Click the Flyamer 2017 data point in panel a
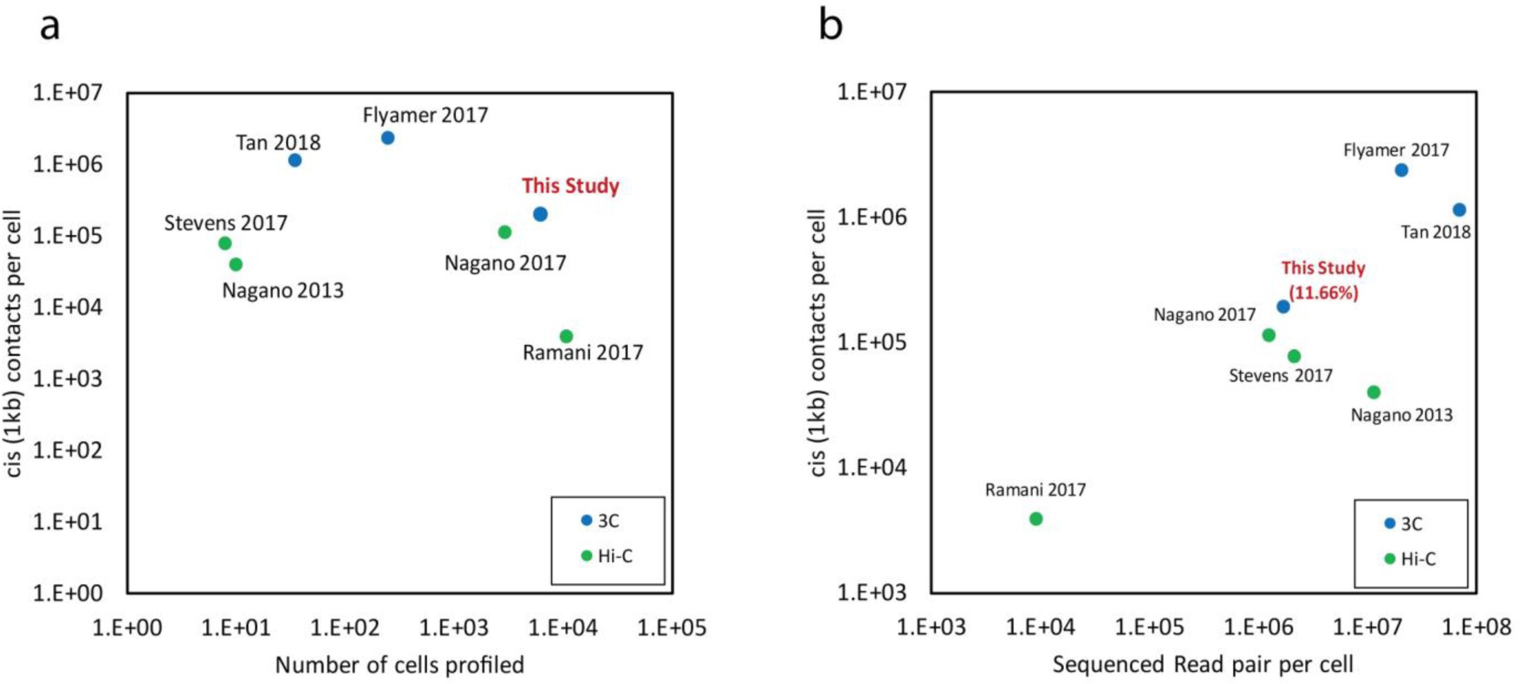click(387, 138)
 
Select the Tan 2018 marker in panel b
click(1459, 210)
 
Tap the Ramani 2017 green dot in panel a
click(566, 336)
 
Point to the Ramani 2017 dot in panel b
click(1036, 519)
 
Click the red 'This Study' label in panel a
click(570, 186)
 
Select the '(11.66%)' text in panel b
click(1323, 293)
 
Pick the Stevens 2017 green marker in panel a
click(225, 243)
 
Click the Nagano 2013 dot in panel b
click(1373, 392)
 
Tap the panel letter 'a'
click(49, 27)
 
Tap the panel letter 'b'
click(830, 27)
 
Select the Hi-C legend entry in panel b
click(1409, 559)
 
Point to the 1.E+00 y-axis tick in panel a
click(68, 593)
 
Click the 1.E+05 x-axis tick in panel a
click(672, 627)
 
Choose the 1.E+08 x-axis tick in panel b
click(1476, 627)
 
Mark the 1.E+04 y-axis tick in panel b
click(871, 468)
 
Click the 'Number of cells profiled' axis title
click(399, 665)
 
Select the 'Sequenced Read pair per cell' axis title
click(1202, 664)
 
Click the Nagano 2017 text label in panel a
click(505, 264)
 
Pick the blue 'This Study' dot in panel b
click(1283, 307)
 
